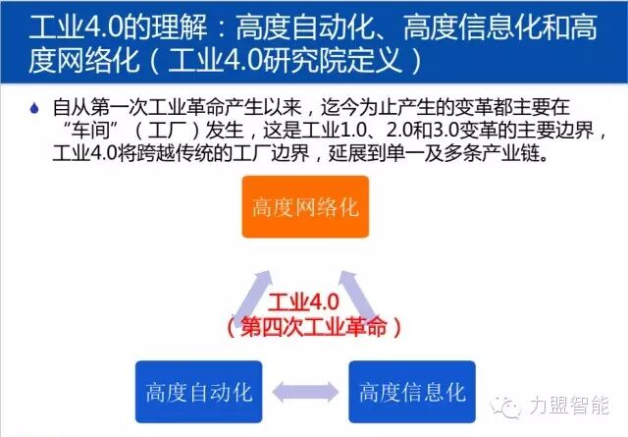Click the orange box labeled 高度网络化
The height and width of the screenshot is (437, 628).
(306, 207)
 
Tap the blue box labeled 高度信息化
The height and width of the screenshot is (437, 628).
(412, 393)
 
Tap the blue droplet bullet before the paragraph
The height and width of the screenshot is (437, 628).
(35, 104)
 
